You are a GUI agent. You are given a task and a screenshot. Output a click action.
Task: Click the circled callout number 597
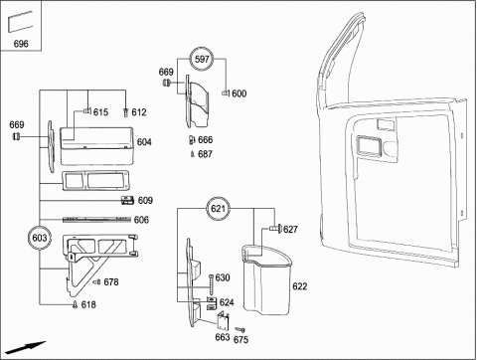[x=202, y=60]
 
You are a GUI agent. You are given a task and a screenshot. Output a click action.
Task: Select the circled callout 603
[x=40, y=238]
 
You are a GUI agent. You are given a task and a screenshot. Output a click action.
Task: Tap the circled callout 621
[x=218, y=209]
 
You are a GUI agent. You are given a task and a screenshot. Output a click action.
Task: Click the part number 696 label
[x=21, y=44]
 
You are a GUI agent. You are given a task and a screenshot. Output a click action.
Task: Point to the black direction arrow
[x=25, y=347]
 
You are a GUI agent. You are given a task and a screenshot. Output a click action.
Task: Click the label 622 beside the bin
[x=299, y=286]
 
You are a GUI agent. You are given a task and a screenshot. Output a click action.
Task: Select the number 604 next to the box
[x=144, y=142]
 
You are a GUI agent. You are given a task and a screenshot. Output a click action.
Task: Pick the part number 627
[x=290, y=229]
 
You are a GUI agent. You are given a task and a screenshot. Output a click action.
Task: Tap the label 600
[x=238, y=93]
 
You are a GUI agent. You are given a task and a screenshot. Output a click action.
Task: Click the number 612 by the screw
[x=139, y=112]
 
